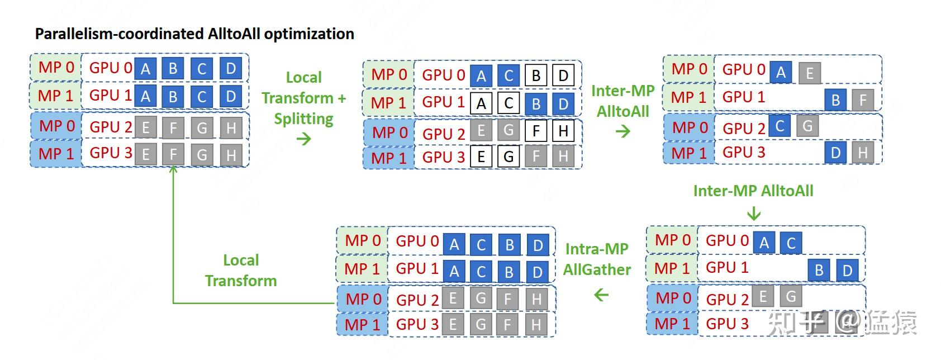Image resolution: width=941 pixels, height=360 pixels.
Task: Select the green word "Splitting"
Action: (304, 119)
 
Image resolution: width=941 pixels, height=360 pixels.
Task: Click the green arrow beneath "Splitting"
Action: (304, 139)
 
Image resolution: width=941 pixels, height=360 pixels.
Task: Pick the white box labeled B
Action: (536, 75)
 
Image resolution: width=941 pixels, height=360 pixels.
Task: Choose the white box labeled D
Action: (563, 75)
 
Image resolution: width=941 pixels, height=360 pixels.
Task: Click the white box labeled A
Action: (481, 103)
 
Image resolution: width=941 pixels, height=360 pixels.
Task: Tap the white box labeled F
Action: (536, 131)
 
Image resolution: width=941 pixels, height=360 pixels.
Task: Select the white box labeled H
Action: (563, 131)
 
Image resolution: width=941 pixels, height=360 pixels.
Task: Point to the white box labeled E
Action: (481, 157)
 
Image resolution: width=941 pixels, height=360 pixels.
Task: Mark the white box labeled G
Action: (508, 157)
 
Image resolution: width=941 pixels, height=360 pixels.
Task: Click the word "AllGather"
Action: (597, 269)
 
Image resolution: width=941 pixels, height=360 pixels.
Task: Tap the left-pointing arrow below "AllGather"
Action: (601, 295)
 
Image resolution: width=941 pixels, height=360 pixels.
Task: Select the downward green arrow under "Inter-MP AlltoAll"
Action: (754, 214)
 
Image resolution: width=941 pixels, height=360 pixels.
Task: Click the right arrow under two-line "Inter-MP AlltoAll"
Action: (623, 131)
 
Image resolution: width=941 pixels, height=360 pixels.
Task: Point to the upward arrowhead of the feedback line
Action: (173, 169)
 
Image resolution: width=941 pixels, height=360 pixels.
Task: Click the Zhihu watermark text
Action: (842, 323)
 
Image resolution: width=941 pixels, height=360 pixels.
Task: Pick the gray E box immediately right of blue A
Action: (810, 73)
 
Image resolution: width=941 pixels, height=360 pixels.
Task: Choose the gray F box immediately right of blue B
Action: (863, 100)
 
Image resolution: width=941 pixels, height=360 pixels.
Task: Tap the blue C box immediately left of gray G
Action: (780, 126)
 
